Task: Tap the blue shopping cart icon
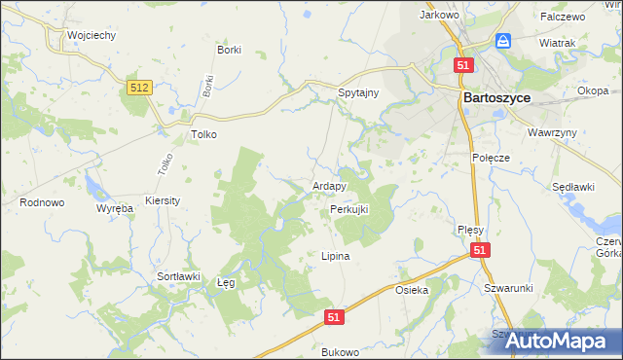(503, 41)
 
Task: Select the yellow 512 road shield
(138, 89)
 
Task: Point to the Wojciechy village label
(92, 35)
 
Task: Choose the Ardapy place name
(329, 186)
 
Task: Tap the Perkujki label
(348, 209)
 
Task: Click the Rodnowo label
(42, 202)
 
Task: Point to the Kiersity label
(163, 199)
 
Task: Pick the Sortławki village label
(178, 276)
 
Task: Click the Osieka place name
(412, 290)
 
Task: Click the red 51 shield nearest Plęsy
(480, 251)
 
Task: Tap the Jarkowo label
(438, 15)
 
